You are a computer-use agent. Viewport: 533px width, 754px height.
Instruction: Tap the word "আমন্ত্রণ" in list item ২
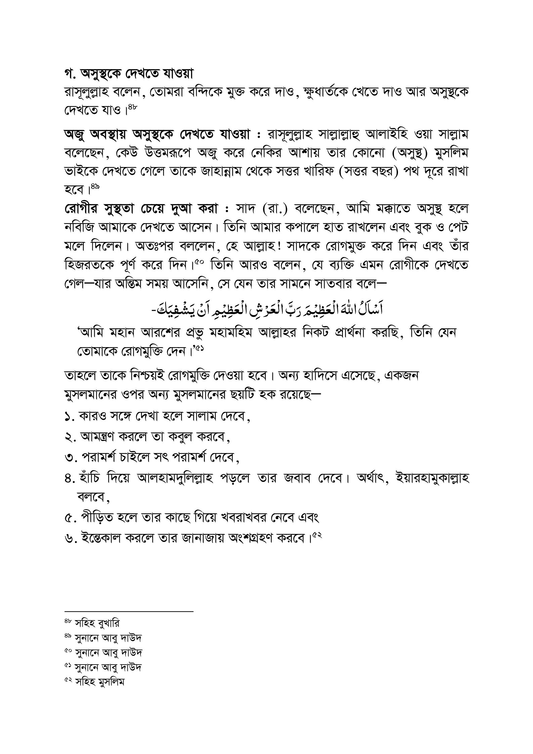(x=98, y=437)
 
